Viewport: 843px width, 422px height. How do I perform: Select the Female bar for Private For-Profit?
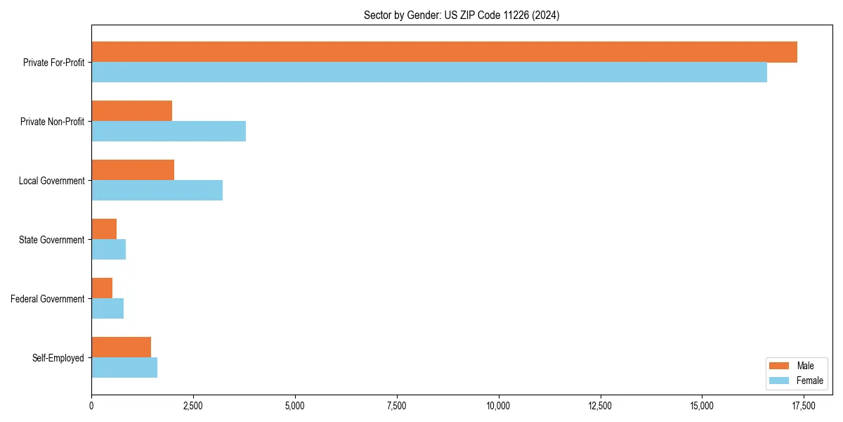429,72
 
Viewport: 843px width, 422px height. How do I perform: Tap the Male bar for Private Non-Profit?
132,110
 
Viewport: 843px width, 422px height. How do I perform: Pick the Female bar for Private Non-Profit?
169,132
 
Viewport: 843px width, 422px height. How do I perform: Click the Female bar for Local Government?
157,191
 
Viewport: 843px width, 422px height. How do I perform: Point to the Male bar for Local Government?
133,170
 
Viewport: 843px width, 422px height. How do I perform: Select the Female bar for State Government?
109,250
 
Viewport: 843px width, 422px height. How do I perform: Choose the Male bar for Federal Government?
102,288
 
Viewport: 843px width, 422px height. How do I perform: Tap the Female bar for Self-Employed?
124,368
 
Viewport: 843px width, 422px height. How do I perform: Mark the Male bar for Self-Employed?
122,347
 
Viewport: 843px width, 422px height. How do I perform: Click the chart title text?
462,15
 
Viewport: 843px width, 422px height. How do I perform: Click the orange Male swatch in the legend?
780,366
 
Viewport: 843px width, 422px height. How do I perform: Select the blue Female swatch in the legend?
780,381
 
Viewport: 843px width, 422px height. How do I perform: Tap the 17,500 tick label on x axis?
804,406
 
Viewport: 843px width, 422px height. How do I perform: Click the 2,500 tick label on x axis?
193,406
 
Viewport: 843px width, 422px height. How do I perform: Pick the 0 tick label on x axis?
91,406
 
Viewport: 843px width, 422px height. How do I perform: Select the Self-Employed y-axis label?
58,358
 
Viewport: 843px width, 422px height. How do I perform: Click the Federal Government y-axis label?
48,299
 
